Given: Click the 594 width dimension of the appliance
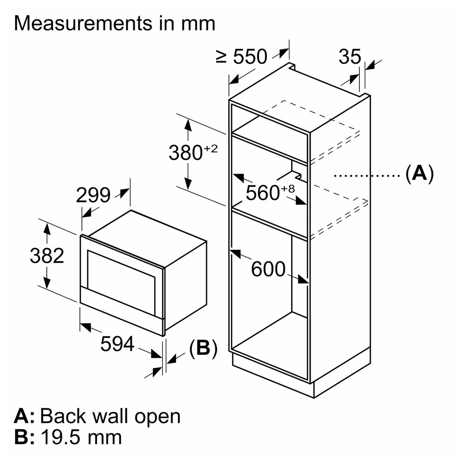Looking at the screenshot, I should (x=117, y=344).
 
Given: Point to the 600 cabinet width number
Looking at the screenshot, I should (x=268, y=269).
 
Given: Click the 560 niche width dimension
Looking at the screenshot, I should (x=262, y=193).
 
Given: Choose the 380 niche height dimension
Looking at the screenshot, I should (x=186, y=153).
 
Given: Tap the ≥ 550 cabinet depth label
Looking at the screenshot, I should (x=242, y=57).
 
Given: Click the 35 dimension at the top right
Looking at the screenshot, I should (x=350, y=57).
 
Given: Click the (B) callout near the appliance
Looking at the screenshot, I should (x=203, y=348).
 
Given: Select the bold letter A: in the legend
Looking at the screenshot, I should (x=24, y=416).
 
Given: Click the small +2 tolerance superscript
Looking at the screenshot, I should (x=211, y=148).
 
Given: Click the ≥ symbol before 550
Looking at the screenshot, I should (x=221, y=57).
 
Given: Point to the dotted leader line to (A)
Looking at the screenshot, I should (x=367, y=176).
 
